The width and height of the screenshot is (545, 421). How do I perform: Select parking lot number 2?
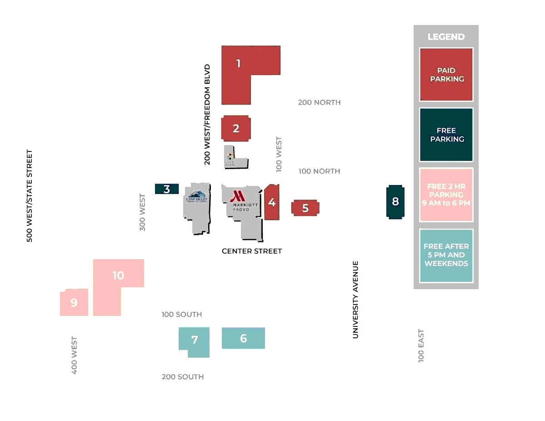(x=235, y=129)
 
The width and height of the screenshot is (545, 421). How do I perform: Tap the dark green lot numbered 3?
(x=167, y=189)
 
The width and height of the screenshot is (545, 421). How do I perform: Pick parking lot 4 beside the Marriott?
(x=272, y=202)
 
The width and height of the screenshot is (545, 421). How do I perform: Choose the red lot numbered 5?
(x=305, y=208)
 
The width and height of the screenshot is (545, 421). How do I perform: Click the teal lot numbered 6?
(x=243, y=338)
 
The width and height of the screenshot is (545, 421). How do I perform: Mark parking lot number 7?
(x=195, y=340)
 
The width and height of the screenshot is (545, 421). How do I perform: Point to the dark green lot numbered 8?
(x=395, y=201)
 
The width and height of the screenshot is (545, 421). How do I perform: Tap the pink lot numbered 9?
(x=74, y=302)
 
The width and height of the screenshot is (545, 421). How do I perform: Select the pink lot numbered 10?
(x=118, y=276)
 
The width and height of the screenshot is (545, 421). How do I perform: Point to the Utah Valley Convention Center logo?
(x=196, y=196)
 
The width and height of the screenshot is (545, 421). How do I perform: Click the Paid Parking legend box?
(x=446, y=75)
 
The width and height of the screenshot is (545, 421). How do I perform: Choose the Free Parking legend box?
(x=446, y=135)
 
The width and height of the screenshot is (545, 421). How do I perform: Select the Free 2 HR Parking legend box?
(x=446, y=195)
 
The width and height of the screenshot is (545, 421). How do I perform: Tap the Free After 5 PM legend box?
(x=446, y=255)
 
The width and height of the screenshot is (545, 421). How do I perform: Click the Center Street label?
(x=252, y=251)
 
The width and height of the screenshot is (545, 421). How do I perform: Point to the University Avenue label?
(x=355, y=300)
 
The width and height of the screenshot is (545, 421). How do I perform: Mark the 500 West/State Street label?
(x=30, y=196)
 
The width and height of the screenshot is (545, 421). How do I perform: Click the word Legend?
(x=446, y=37)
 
